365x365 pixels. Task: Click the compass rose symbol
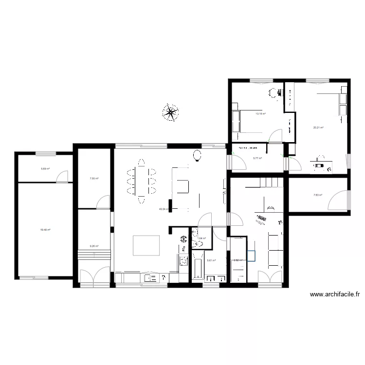170,113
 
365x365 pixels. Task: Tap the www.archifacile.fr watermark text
335,294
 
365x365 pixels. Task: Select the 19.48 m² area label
45,230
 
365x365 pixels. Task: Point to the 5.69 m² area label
45,169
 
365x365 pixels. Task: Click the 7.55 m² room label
94,179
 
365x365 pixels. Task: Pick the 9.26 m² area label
94,246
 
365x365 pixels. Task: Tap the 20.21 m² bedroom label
318,128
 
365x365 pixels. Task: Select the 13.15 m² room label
261,114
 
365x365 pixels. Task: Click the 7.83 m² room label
318,196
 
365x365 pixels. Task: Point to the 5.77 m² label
258,158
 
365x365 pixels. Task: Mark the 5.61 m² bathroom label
212,260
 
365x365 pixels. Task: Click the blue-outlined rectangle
252,256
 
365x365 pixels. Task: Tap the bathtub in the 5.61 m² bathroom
197,265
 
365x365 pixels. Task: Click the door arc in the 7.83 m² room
339,200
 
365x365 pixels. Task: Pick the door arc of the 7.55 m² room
103,201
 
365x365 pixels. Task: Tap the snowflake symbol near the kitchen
183,239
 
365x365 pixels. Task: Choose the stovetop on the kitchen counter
184,261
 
